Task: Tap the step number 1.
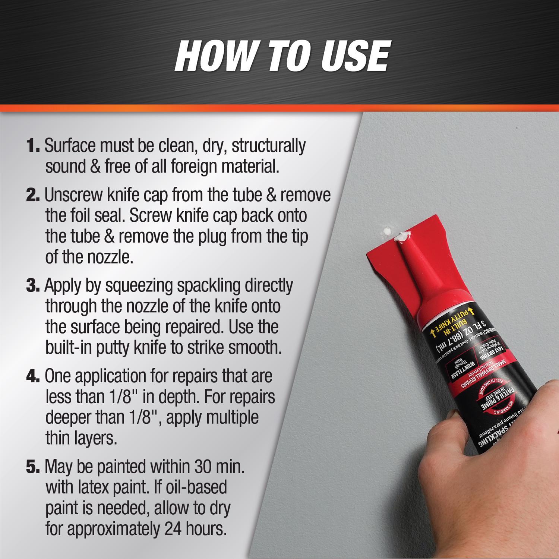(33, 146)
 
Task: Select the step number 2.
(33, 196)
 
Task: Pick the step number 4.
(33, 376)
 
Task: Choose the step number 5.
(33, 467)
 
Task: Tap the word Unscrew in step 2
(73, 196)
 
